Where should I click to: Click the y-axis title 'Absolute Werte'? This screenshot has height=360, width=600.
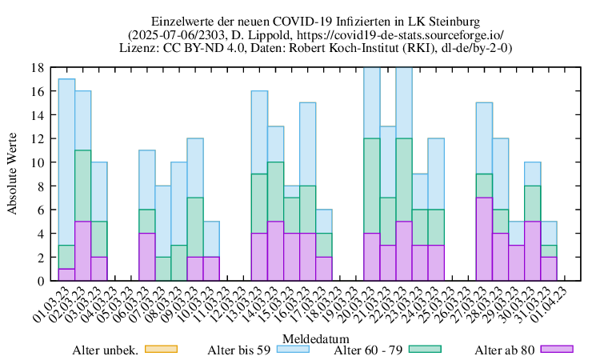point(12,174)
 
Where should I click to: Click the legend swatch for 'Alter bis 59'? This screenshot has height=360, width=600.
point(293,350)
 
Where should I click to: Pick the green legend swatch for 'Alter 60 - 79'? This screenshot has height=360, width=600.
point(425,350)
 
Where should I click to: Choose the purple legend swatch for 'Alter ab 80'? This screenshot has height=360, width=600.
point(557,350)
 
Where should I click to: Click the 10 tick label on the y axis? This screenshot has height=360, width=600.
point(38,162)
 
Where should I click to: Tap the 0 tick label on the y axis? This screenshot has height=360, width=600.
point(40,281)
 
